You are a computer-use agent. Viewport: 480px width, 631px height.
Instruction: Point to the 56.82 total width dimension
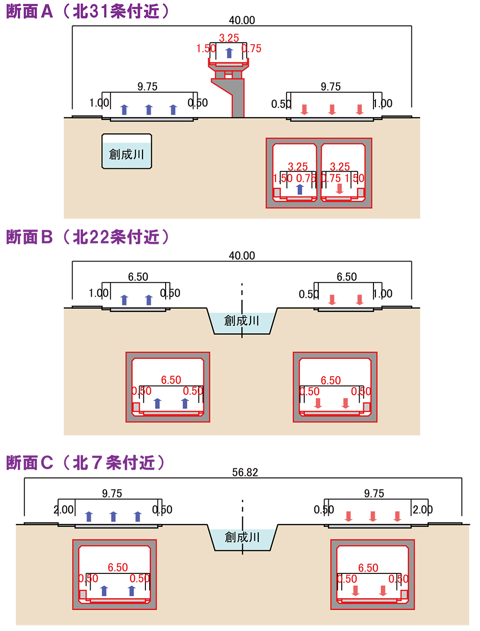pos(245,472)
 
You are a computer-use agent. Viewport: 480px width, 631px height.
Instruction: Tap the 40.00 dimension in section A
pos(242,20)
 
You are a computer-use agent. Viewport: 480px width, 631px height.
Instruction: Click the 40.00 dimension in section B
pos(242,255)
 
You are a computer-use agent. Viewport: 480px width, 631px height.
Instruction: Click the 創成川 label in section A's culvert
pos(127,154)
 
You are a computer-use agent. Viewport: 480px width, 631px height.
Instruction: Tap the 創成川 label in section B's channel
pos(242,320)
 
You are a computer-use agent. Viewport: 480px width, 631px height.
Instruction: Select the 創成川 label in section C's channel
pos(242,537)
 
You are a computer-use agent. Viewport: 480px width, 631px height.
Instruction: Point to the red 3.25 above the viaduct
pos(229,38)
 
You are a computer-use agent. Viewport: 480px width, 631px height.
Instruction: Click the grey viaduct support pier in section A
pos(238,98)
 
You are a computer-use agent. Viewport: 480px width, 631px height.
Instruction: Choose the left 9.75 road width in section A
pos(147,86)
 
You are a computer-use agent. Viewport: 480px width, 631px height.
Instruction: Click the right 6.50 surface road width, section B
pos(347,277)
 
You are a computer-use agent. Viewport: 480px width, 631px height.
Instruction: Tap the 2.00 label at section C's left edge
pos(64,510)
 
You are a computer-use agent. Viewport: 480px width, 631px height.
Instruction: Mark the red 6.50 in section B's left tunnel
pos(171,380)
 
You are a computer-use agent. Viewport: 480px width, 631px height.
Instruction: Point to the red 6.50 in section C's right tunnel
pos(368,568)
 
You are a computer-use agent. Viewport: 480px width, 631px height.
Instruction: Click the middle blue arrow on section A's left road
pos(149,109)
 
